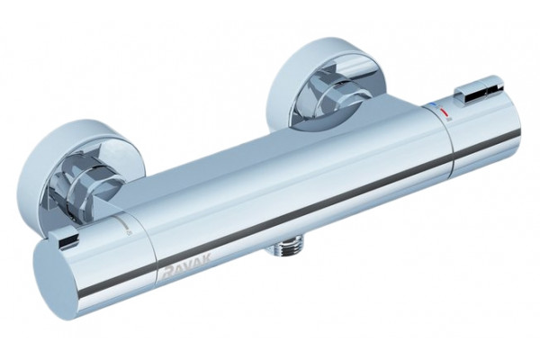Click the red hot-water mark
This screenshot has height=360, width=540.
(x=445, y=112)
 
